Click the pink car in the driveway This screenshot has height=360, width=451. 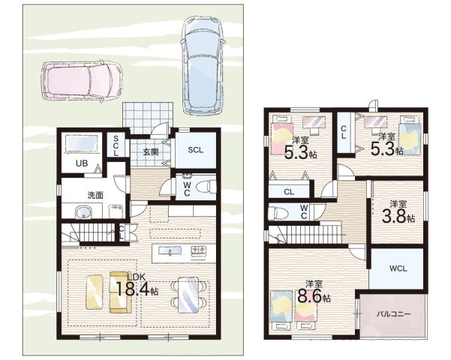82,80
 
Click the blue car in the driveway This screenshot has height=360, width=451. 203,65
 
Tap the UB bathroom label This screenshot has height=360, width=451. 82,163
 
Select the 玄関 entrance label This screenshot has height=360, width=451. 151,151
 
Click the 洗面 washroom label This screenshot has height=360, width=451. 95,195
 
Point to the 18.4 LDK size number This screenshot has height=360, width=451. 134,289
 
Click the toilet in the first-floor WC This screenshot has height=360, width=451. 206,187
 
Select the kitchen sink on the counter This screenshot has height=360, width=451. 170,251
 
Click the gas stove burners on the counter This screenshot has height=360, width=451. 198,250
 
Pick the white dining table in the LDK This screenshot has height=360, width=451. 188,295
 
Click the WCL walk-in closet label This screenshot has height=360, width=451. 398,268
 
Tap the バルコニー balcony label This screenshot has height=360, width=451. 393,314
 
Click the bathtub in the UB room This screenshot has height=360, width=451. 82,144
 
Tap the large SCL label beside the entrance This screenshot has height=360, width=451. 196,150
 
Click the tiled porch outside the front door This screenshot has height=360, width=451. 148,118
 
